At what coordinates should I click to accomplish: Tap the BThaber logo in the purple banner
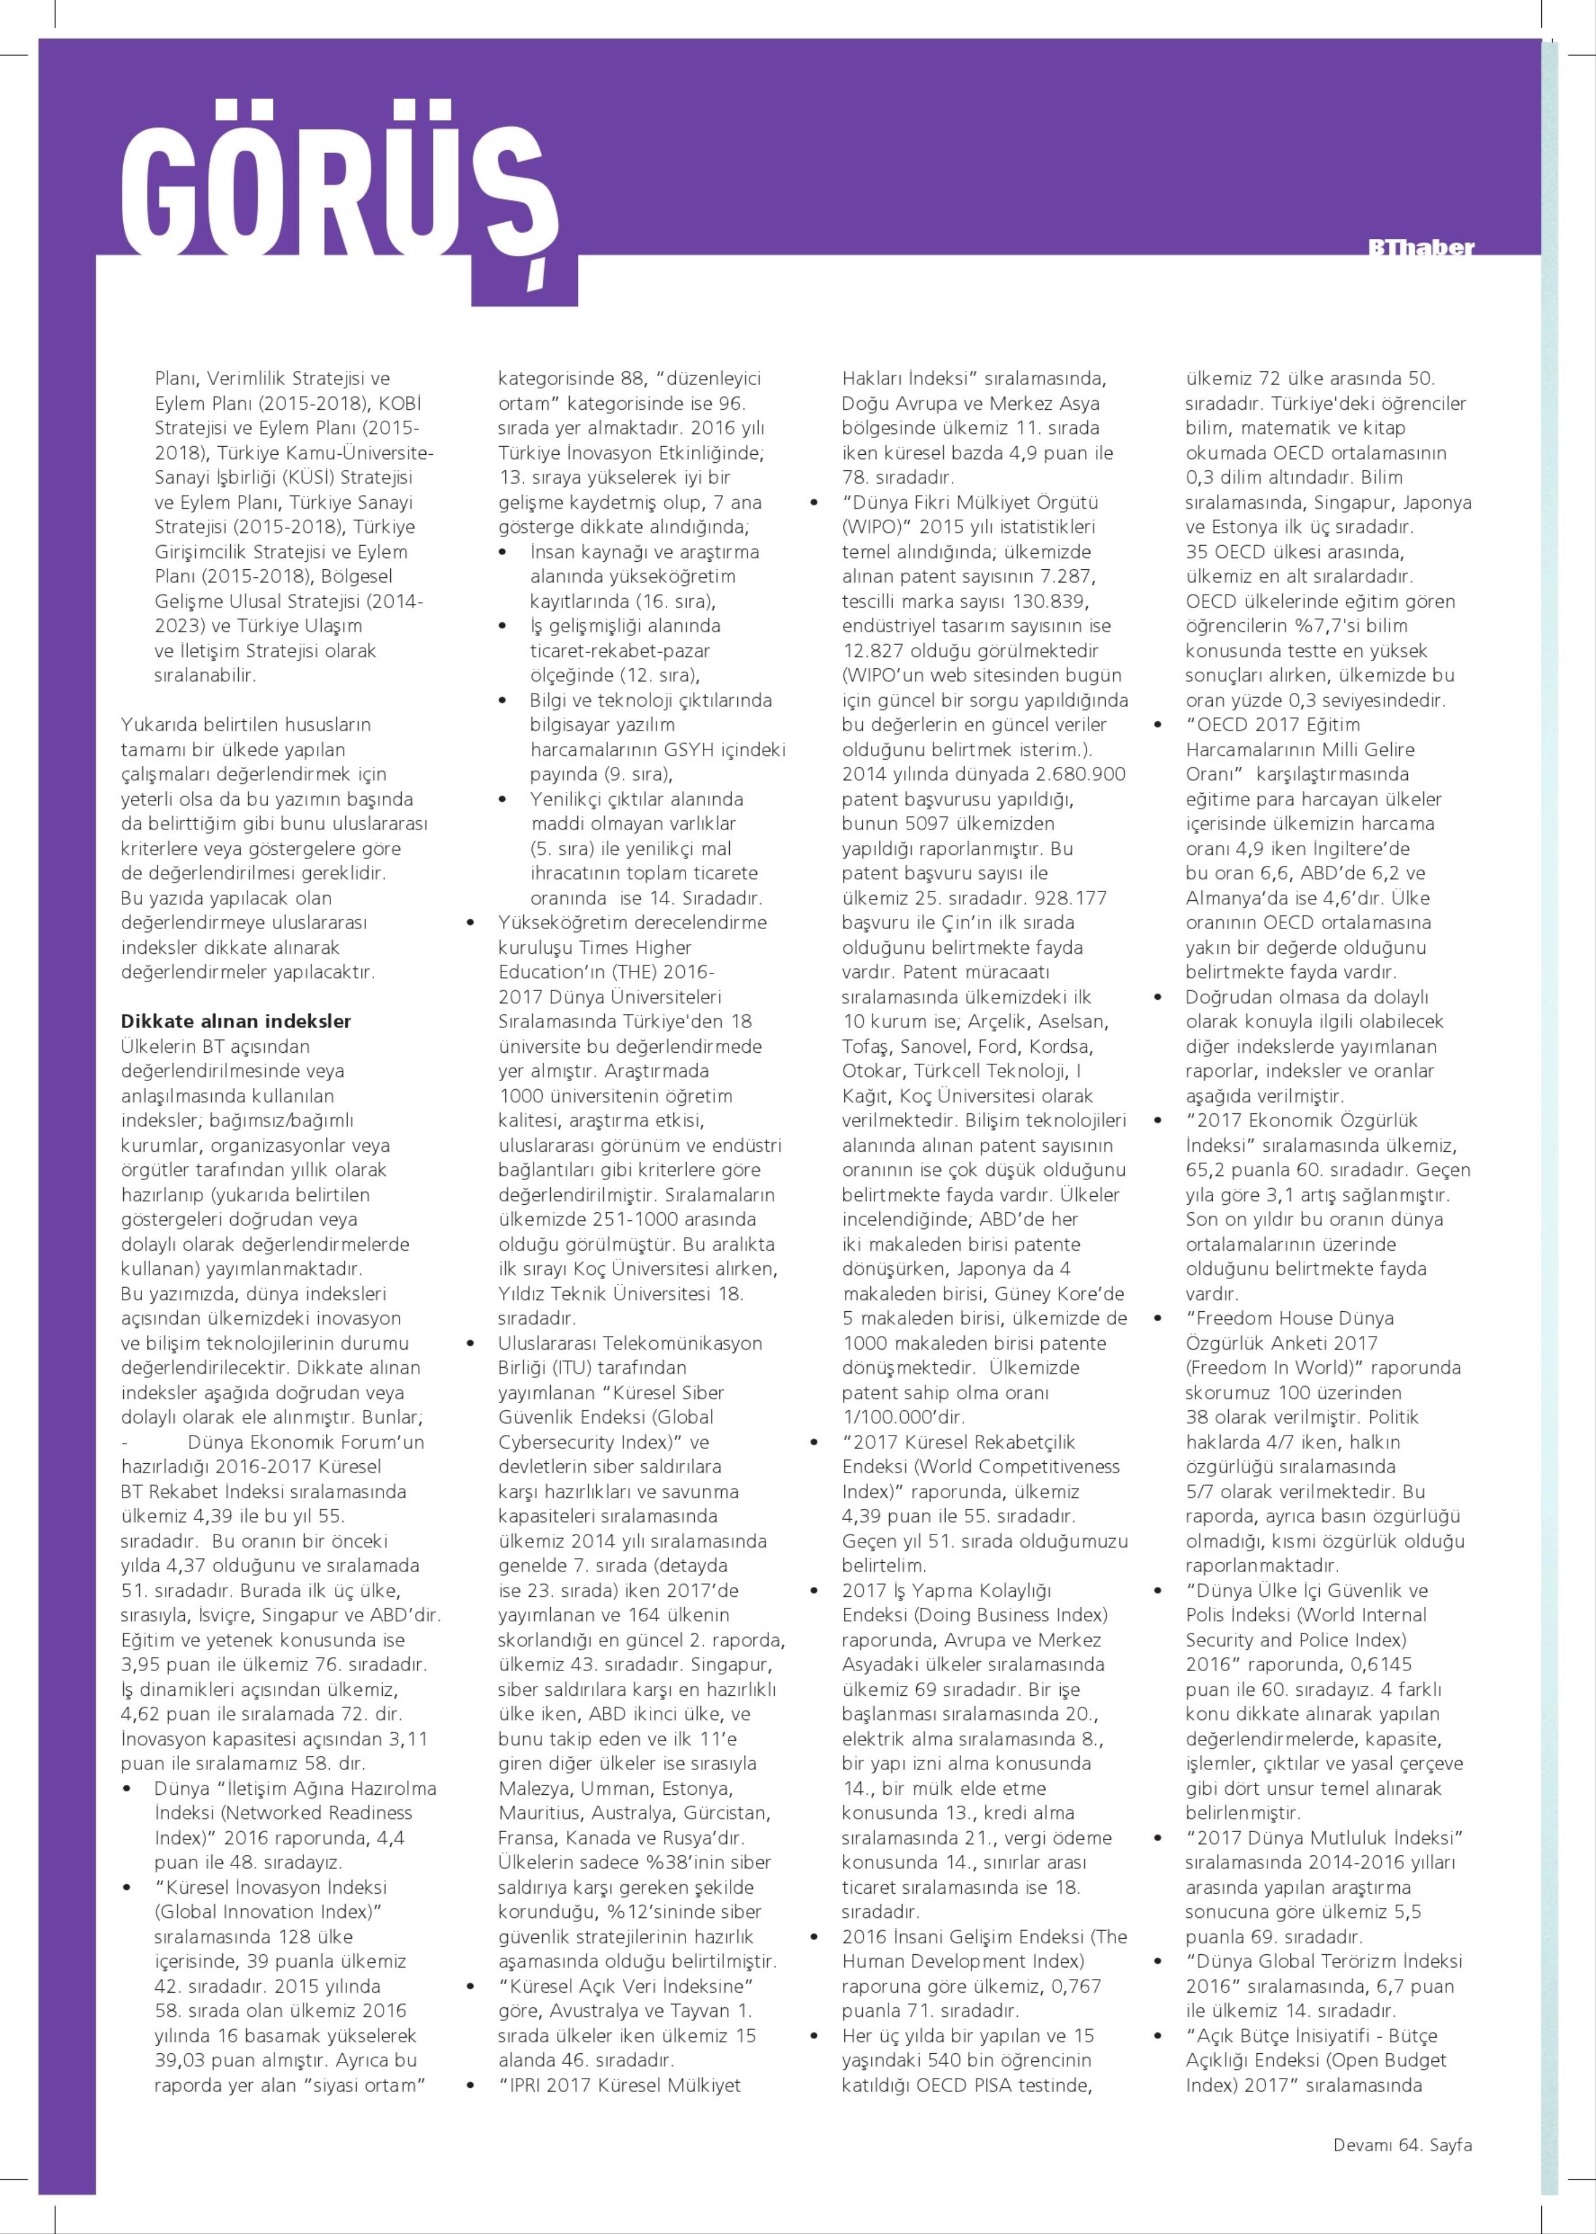(1421, 247)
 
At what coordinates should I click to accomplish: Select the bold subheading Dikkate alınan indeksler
(236, 1021)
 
